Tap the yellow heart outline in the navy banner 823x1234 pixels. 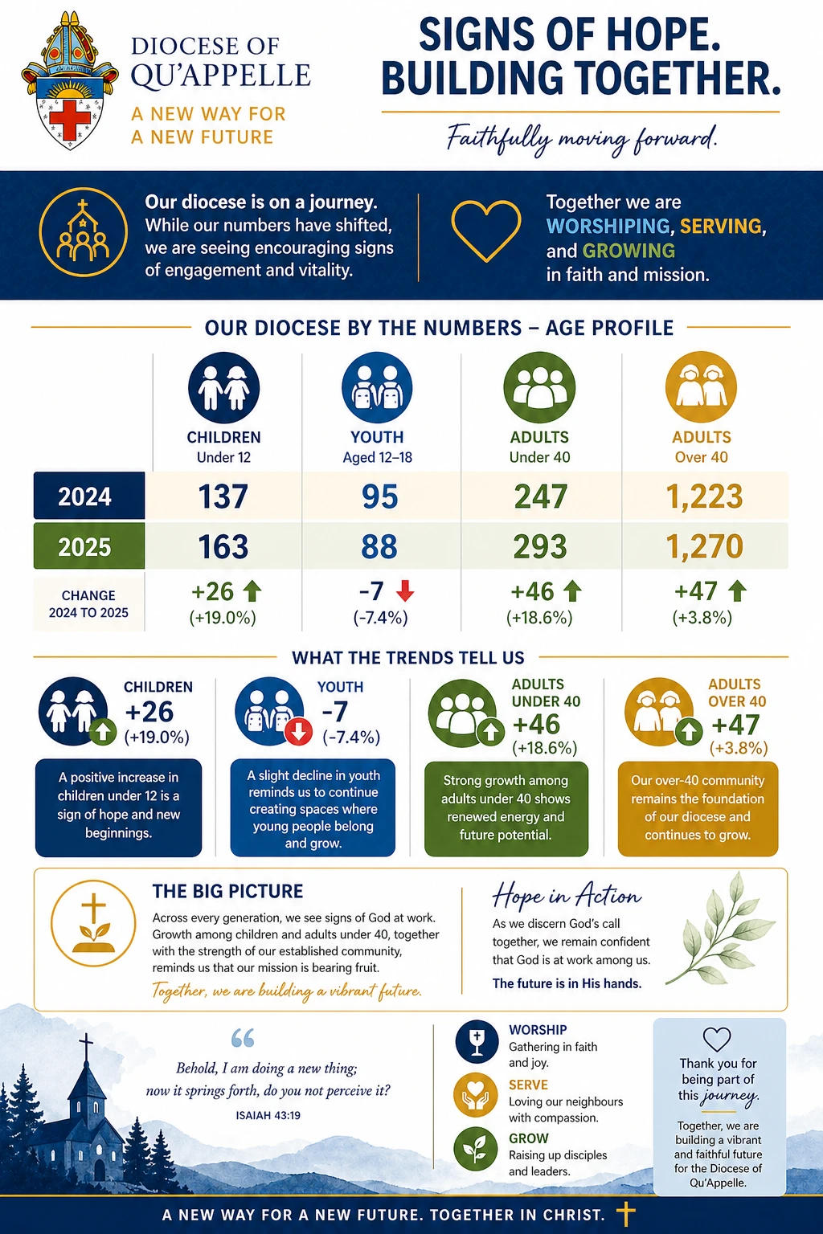point(486,231)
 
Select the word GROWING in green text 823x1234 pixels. point(629,251)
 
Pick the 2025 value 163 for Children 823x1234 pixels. point(223,546)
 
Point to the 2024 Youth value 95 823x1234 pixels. point(380,496)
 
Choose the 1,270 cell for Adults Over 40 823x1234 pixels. point(705,546)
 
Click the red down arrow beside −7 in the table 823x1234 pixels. point(405,590)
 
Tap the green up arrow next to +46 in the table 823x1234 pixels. point(572,591)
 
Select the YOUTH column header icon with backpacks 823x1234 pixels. point(377,387)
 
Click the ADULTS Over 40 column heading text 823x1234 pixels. point(701,447)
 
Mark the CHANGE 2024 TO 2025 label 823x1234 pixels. point(88,604)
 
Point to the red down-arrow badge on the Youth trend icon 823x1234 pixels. point(299,732)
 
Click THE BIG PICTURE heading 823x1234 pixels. point(227,891)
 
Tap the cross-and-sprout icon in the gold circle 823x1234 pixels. point(93,923)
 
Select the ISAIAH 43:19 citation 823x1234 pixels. point(268,1116)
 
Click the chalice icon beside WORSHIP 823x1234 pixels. point(477,1042)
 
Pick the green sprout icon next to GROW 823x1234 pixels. point(476,1149)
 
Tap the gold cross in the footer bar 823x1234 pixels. point(625,1214)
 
